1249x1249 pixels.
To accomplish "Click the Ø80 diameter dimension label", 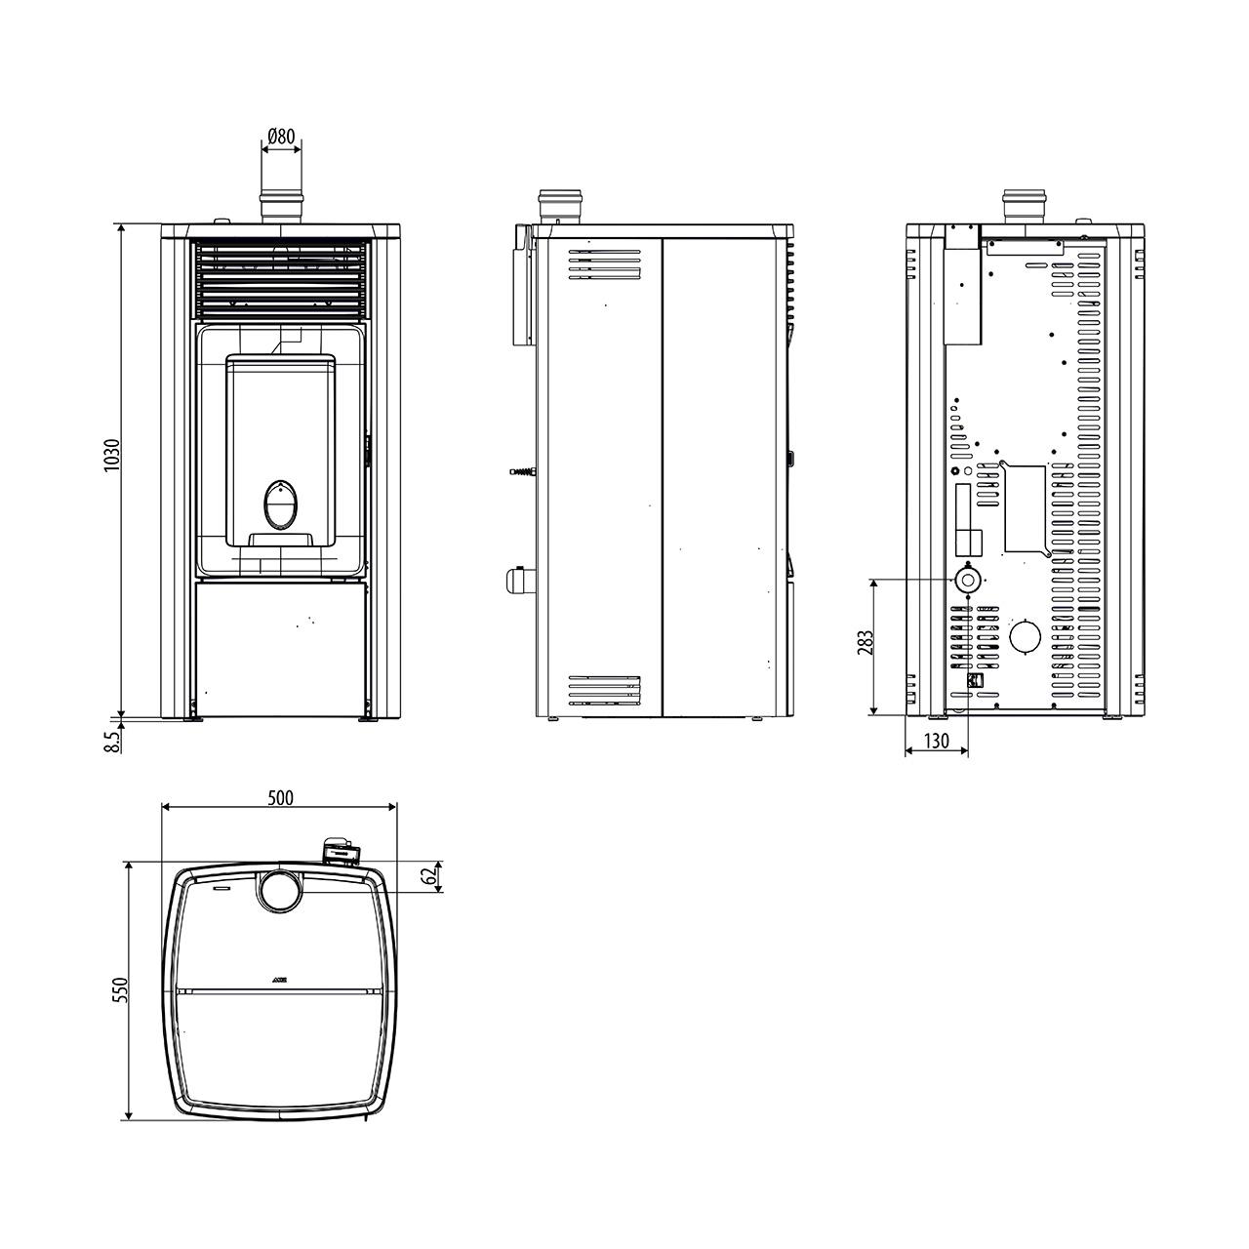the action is [281, 136].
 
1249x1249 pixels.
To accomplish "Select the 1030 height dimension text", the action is [112, 455].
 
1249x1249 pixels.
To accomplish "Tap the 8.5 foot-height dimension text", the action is [112, 741].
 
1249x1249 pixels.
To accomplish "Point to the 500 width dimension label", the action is [281, 797].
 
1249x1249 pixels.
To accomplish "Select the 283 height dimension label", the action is [866, 642].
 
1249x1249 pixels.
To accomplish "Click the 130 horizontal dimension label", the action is [936, 741].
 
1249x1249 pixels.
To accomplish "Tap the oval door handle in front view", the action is [281, 504].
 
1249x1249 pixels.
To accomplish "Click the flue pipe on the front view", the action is [281, 208].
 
